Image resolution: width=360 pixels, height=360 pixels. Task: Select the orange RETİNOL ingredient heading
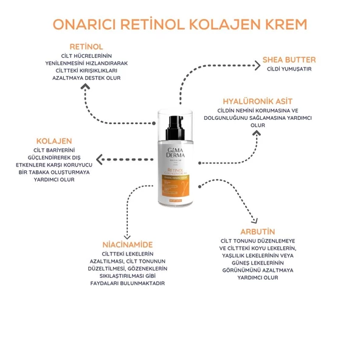click(x=86, y=47)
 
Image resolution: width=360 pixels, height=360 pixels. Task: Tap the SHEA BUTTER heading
click(x=289, y=60)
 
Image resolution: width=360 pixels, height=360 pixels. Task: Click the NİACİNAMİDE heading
click(x=127, y=244)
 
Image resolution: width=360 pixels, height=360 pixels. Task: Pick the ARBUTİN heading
click(x=258, y=232)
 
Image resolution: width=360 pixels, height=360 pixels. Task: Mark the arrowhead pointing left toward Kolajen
click(x=101, y=160)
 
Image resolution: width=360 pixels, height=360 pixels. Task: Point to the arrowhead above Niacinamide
click(x=127, y=235)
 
